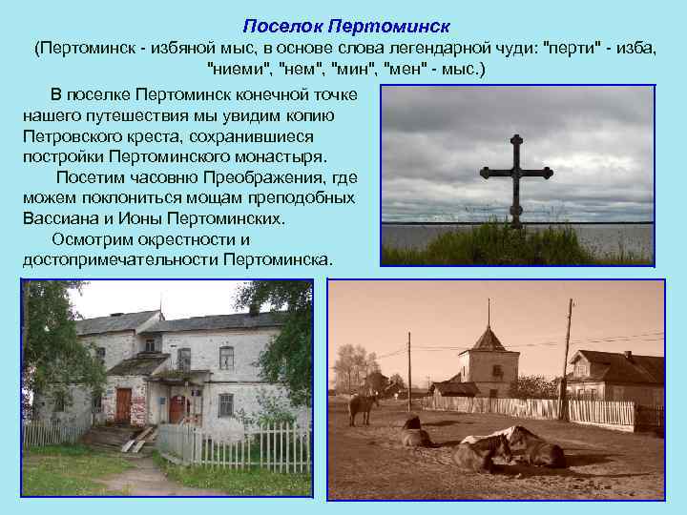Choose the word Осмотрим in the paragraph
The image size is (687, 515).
tap(95, 238)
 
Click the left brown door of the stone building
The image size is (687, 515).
tap(123, 404)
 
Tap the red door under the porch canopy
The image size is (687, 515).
tap(177, 408)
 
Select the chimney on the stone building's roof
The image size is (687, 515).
tap(254, 308)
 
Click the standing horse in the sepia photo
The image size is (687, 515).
tap(364, 407)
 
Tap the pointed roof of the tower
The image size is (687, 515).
tap(489, 338)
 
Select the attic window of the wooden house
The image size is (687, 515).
tap(579, 367)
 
